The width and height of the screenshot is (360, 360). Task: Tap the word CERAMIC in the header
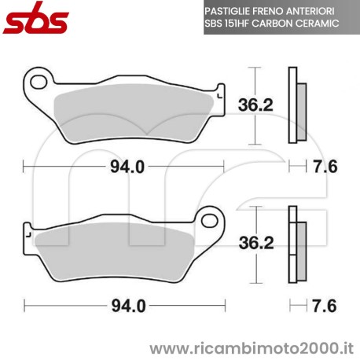click(x=318, y=25)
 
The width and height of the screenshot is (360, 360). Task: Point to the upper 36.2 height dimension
click(x=257, y=102)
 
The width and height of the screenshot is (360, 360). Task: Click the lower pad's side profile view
click(x=297, y=246)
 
